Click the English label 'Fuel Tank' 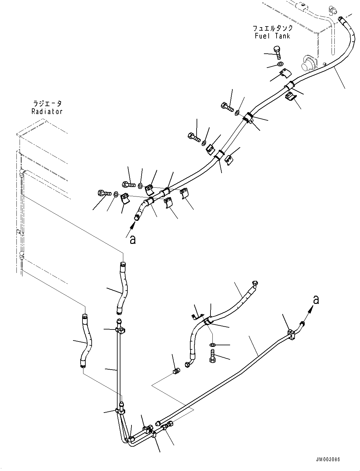(272, 36)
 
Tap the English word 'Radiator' (47, 112)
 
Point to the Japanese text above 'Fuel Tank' (272, 28)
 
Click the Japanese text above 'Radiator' (47, 104)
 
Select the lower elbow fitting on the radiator (21, 254)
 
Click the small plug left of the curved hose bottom (177, 371)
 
